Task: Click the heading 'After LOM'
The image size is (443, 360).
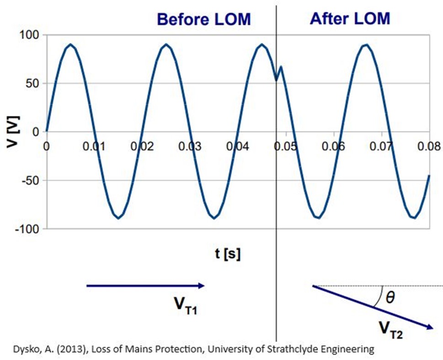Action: point(350,19)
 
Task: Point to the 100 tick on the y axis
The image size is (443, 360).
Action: point(30,35)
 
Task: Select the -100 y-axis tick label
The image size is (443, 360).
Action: point(28,229)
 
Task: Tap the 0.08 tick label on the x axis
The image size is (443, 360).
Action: point(429,146)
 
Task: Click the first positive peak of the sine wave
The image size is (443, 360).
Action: point(70,44)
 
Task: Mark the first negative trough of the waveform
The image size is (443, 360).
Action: point(118,218)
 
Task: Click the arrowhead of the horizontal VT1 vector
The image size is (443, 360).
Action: point(201,286)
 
